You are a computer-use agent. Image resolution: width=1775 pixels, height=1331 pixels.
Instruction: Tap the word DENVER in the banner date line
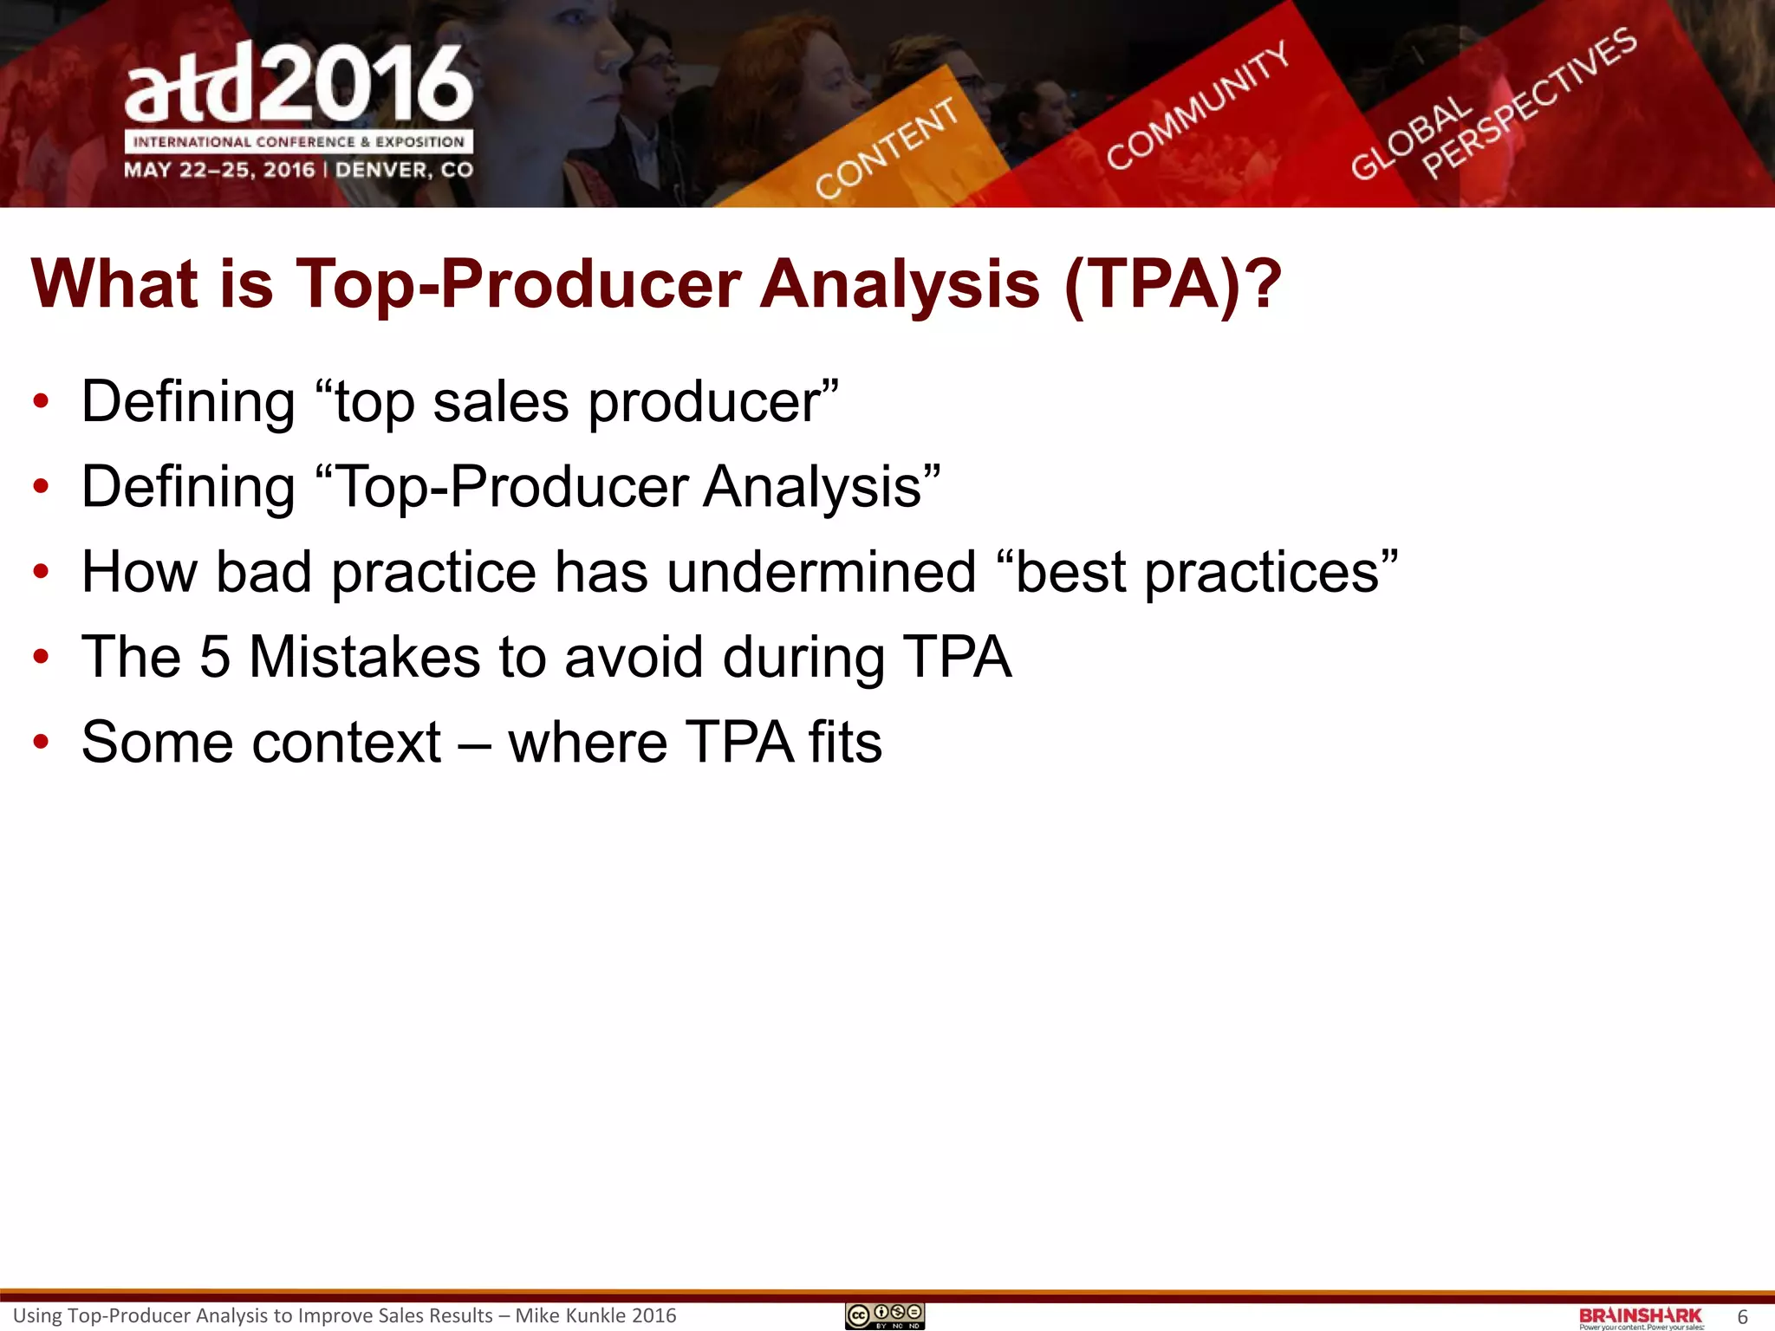[x=383, y=170]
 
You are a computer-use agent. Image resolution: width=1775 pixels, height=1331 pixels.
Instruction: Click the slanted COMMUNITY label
[x=1197, y=106]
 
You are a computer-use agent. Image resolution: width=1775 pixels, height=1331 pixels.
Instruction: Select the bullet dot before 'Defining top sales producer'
[x=41, y=402]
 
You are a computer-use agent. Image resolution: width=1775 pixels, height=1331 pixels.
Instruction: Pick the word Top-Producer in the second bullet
[x=511, y=487]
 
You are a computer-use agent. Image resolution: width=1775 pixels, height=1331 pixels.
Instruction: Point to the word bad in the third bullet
[x=263, y=572]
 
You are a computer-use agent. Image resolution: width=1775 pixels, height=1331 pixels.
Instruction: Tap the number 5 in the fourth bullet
[x=215, y=657]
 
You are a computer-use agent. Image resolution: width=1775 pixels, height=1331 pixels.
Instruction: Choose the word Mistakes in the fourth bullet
[x=364, y=657]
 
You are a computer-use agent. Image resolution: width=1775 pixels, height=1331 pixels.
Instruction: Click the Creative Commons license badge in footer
[x=885, y=1316]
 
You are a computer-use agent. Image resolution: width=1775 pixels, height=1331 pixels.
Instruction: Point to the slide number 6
[x=1742, y=1317]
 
